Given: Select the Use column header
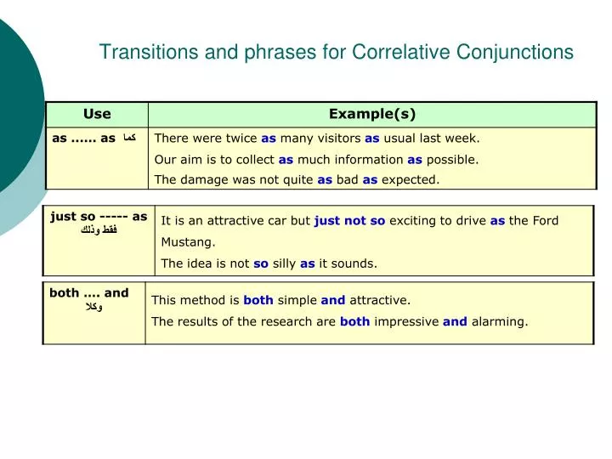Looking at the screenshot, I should point(97,114).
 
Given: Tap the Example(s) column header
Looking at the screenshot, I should point(372,114).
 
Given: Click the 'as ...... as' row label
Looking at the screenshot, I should point(83,138).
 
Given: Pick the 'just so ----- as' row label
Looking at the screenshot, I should point(99,217).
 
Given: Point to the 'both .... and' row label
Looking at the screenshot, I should point(89,293).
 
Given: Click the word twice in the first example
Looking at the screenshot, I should point(241,138).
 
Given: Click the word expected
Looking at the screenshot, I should point(411,179).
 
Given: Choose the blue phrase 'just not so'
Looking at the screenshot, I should point(349,220).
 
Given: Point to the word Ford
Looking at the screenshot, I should point(546,220).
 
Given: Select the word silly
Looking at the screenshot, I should point(284,263).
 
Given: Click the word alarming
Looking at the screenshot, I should point(499,321).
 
